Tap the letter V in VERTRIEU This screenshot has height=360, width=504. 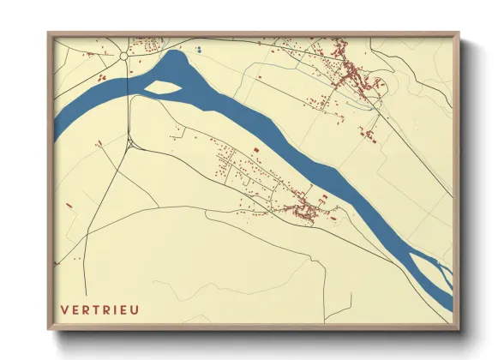64,309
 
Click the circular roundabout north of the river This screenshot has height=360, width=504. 125,54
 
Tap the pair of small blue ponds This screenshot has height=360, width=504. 198,50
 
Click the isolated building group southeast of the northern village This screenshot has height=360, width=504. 370,133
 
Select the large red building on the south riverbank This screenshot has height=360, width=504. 325,197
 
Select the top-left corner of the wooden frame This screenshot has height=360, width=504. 50,34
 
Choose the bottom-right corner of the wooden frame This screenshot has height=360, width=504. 459,327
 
